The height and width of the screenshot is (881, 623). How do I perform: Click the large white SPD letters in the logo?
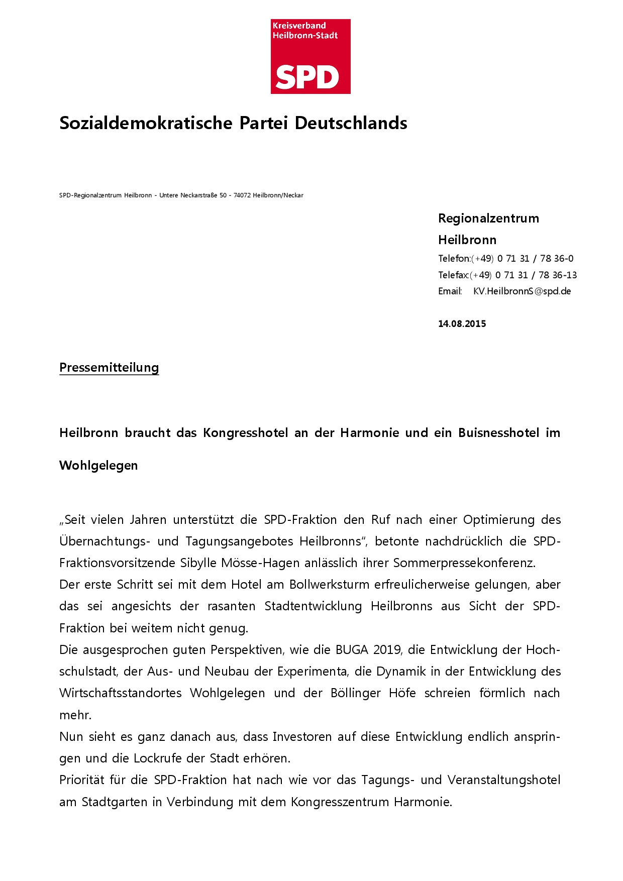pyautogui.click(x=307, y=77)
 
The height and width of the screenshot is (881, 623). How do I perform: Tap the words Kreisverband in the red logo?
pyautogui.click(x=299, y=26)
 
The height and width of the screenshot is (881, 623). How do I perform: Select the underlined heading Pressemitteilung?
pyautogui.click(x=109, y=368)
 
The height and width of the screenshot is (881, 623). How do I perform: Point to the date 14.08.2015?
pyautogui.click(x=462, y=324)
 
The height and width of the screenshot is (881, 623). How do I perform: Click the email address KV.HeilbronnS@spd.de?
pyautogui.click(x=522, y=291)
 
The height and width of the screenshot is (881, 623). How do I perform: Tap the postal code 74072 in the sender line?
pyautogui.click(x=242, y=195)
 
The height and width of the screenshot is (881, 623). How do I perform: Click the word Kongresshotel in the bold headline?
pyautogui.click(x=246, y=433)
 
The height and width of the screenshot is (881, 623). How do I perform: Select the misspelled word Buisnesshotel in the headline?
pyautogui.click(x=498, y=433)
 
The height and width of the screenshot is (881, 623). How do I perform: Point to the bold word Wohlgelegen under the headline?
pyautogui.click(x=98, y=466)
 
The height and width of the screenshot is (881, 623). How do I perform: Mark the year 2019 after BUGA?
pyautogui.click(x=387, y=650)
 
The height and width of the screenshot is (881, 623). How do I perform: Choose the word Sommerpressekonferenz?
pyautogui.click(x=464, y=563)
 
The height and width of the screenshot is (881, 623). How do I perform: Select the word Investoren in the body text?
pyautogui.click(x=302, y=737)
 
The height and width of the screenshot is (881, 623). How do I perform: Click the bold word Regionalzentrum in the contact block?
pyautogui.click(x=488, y=218)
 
